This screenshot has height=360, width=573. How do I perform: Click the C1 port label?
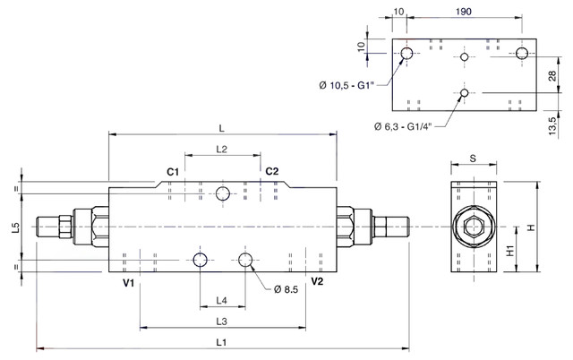173,172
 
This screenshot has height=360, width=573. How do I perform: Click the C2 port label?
272,171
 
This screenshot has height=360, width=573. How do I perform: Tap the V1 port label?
129,283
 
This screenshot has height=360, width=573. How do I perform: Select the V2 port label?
317,281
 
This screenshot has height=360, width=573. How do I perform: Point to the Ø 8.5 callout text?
286,290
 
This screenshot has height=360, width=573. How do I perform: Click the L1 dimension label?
221,342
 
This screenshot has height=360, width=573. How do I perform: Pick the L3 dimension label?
221,321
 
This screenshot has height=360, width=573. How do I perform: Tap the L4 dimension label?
221,300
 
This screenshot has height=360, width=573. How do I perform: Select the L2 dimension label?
221,150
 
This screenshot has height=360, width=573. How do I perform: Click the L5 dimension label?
16,227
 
